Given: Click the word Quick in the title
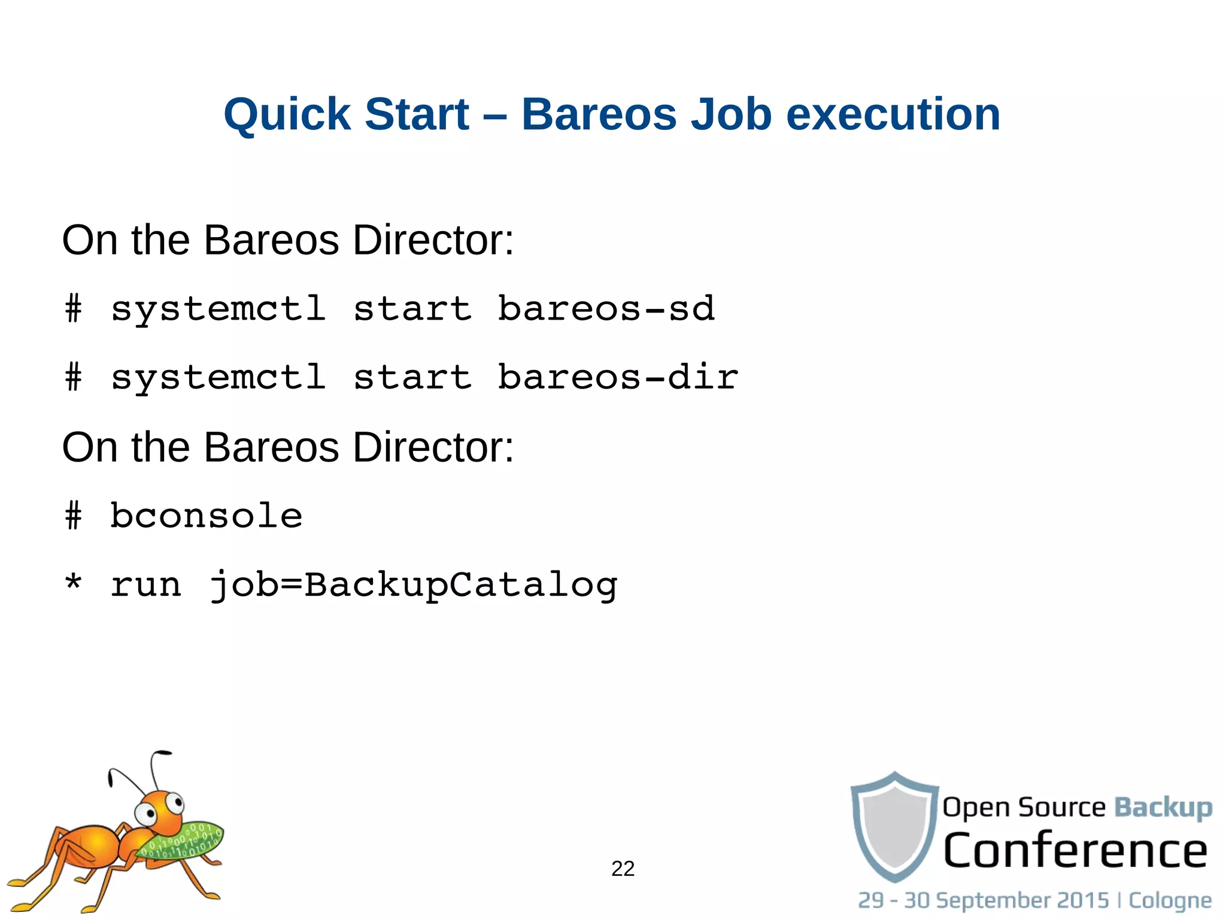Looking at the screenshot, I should [x=286, y=114].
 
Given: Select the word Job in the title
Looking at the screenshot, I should [x=731, y=114].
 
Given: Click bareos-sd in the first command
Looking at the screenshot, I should [x=606, y=309].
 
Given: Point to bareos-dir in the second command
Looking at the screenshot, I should [x=618, y=378].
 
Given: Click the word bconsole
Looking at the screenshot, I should [x=207, y=515].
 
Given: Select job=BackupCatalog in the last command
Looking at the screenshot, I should [x=413, y=585].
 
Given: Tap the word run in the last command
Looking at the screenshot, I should [x=145, y=585].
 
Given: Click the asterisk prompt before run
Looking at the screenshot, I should [x=73, y=582].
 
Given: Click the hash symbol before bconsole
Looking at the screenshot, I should [x=73, y=515].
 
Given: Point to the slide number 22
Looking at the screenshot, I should [x=623, y=869].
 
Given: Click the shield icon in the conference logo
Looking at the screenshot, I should [x=894, y=826].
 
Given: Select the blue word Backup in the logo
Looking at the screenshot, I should [x=1163, y=808].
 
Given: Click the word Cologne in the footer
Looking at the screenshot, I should [x=1170, y=900].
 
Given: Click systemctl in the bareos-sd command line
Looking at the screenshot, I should [x=219, y=310].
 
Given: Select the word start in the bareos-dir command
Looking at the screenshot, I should [x=412, y=378].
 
